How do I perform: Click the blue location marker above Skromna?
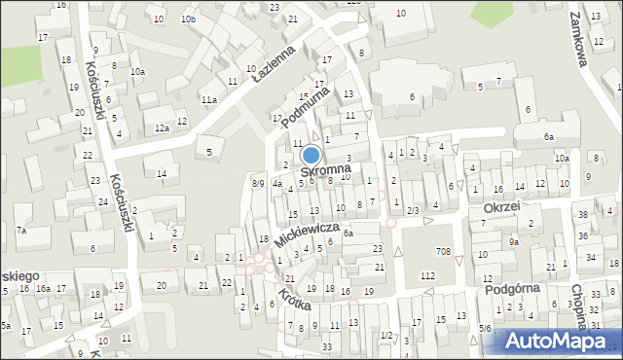coord(311,155)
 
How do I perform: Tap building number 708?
coord(443,252)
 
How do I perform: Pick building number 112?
coord(426,275)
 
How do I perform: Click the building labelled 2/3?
coord(413,210)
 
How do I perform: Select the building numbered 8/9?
coord(257,183)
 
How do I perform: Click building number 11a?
coord(208,99)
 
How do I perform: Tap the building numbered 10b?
coord(188,19)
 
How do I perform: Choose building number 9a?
coord(513,241)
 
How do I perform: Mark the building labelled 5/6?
coord(485,329)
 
